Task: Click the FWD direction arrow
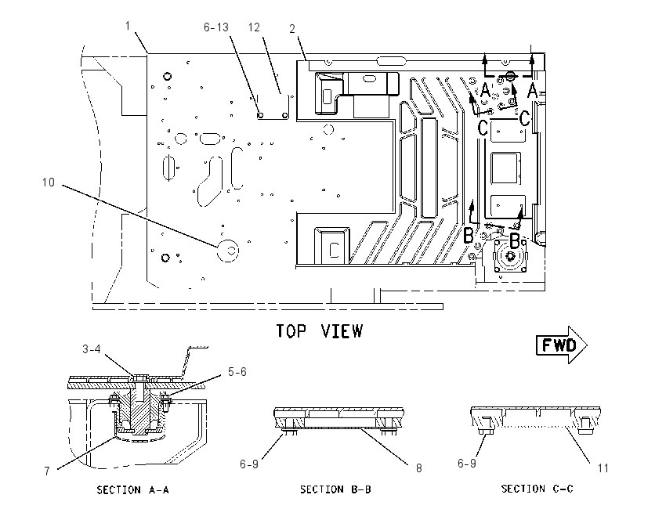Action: pyautogui.click(x=562, y=345)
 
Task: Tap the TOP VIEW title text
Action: pyautogui.click(x=320, y=331)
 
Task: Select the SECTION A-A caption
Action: pyautogui.click(x=133, y=490)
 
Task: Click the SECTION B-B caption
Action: pyautogui.click(x=335, y=489)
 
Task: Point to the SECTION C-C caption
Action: pyautogui.click(x=537, y=489)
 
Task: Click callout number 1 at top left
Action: pyautogui.click(x=128, y=26)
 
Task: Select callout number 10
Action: pyautogui.click(x=49, y=182)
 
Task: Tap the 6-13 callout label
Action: pyautogui.click(x=216, y=27)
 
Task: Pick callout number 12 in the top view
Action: pyautogui.click(x=254, y=27)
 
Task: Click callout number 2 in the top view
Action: pyautogui.click(x=292, y=28)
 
